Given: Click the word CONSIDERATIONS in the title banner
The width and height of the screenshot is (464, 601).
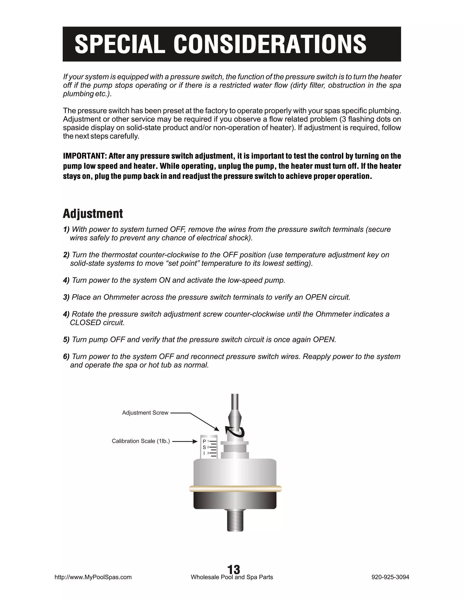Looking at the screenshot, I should point(270,44).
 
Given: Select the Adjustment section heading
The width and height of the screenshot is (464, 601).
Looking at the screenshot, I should point(93,214).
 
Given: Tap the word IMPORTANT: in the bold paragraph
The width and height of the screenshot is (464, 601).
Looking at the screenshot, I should point(85,156).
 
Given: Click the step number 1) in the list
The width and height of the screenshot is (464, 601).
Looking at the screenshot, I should point(66,230).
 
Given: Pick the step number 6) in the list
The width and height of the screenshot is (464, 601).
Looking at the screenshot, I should point(66,357).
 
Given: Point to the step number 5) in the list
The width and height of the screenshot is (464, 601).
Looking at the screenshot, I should point(66,340).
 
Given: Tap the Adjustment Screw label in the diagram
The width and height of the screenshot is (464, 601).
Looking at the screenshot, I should point(145,413).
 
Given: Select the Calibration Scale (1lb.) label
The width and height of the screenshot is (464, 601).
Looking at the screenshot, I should point(141,441).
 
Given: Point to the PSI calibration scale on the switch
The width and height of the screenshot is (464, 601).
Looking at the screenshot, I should point(209,447).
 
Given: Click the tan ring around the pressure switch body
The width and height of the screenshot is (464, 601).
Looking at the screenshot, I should point(235,489).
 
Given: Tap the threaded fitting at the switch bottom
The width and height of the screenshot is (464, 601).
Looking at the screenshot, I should point(235,520).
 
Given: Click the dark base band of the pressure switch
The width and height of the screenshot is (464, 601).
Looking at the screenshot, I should point(235,500).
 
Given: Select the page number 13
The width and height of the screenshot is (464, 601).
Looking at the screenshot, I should point(234,569).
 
